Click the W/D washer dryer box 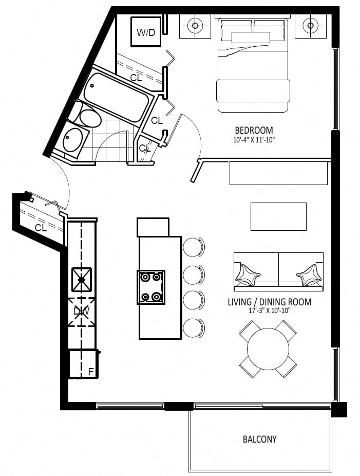(x=146, y=32)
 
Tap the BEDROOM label (x=254, y=130)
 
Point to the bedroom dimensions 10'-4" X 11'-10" (x=254, y=140)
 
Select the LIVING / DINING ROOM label (x=270, y=302)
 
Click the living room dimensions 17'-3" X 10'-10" (x=270, y=310)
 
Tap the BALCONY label (x=260, y=439)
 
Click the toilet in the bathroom (x=86, y=116)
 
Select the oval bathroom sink (x=72, y=139)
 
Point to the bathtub (x=117, y=95)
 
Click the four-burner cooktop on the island (x=151, y=287)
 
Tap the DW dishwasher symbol (x=81, y=312)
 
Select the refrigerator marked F (x=83, y=364)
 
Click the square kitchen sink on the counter (x=81, y=279)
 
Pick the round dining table (x=268, y=349)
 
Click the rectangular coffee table (x=278, y=216)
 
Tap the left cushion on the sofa (x=248, y=275)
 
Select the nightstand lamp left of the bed (x=195, y=26)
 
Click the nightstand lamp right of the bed (x=310, y=26)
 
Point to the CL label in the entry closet (x=41, y=228)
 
